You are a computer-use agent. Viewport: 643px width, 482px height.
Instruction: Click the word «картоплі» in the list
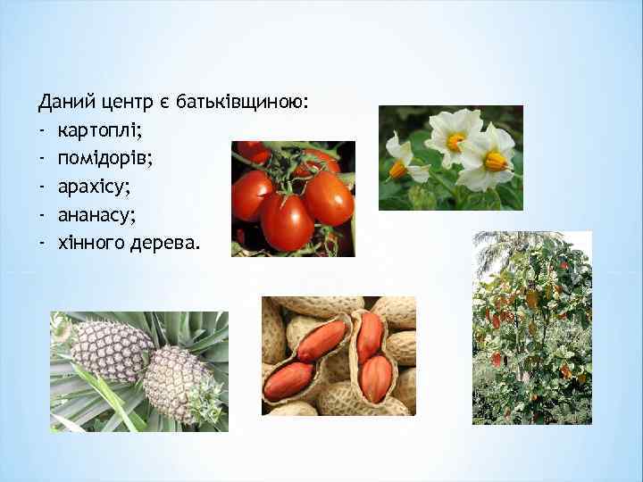(x=99, y=131)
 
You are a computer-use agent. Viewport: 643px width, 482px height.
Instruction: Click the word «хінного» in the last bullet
(x=89, y=241)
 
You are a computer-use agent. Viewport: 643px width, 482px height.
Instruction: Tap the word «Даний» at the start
(x=63, y=104)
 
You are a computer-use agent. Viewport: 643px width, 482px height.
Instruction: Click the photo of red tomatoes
(x=293, y=198)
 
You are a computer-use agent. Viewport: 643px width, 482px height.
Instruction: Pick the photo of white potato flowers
(x=450, y=158)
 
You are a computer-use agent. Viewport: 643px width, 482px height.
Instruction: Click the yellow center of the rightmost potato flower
(x=495, y=161)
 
